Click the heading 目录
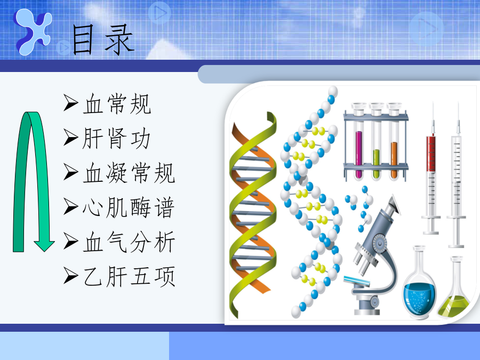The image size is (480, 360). [103, 40]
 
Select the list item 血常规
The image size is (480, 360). [117, 104]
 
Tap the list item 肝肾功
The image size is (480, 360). [116, 139]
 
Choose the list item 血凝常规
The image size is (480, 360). [129, 173]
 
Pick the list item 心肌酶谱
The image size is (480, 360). [129, 208]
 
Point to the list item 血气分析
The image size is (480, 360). [129, 242]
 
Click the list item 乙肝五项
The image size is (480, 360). [129, 277]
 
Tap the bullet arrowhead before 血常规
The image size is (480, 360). [71, 103]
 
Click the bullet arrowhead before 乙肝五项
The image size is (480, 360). [71, 275]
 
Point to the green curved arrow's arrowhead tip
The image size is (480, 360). [44, 251]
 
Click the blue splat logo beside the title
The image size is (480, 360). [33, 32]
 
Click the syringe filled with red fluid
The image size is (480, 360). [431, 171]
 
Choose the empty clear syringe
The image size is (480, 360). [457, 178]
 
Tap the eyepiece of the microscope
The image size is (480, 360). [394, 204]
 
